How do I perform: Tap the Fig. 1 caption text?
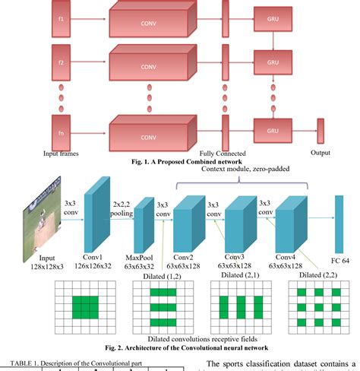[x=186, y=160]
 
